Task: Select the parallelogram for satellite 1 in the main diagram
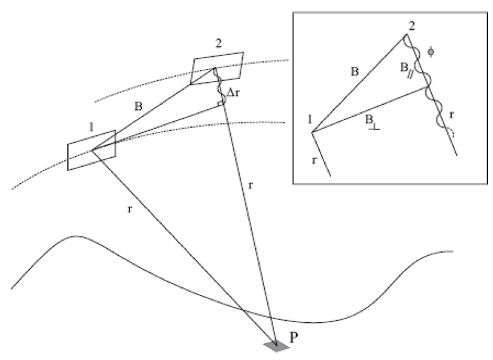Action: [92, 150]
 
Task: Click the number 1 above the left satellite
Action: [92, 126]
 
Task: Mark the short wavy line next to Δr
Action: [220, 87]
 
